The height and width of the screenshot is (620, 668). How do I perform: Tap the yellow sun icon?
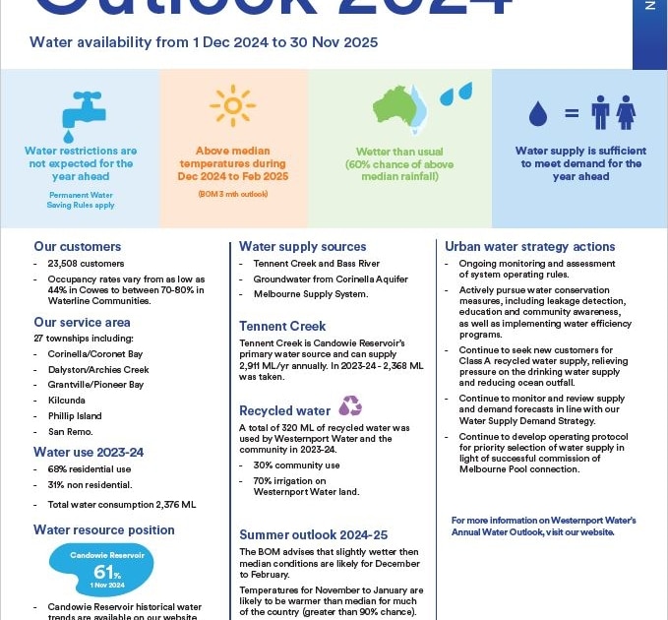[x=232, y=106]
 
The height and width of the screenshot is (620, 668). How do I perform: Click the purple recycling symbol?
[x=349, y=405]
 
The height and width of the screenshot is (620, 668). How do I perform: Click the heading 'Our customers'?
[x=78, y=247]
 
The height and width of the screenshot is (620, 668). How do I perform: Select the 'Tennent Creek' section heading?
[x=282, y=326]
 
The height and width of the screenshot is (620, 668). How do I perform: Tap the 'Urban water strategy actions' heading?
[x=529, y=247]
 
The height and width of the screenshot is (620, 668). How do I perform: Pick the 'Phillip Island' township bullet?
[x=75, y=416]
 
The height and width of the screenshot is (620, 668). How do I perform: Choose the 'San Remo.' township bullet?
[x=70, y=432]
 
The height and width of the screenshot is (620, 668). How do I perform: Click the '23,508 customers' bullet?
[x=86, y=264]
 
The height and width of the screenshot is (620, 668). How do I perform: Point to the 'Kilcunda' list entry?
[x=67, y=401]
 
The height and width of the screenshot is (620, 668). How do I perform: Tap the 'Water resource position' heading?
[x=104, y=529]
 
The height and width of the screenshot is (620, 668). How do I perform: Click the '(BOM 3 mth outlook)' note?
[x=233, y=194]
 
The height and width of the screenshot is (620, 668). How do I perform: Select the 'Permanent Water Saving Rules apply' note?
[x=82, y=200]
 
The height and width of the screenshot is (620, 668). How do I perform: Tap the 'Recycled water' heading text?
[x=284, y=410]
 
